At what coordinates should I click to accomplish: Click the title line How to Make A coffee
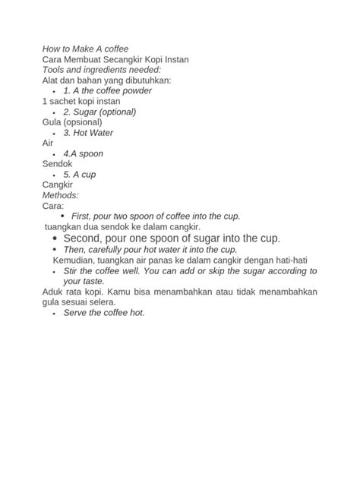tap(86, 49)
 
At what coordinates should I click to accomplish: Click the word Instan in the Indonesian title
tap(174, 59)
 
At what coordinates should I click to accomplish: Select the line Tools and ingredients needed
tap(102, 69)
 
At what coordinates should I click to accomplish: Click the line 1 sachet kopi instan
tap(81, 101)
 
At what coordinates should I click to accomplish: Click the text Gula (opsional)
tap(71, 122)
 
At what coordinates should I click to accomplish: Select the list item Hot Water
tap(88, 132)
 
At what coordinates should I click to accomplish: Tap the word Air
tap(48, 143)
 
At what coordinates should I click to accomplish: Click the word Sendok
tap(58, 163)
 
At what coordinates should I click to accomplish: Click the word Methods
tap(61, 194)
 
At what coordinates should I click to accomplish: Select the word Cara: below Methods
tap(53, 205)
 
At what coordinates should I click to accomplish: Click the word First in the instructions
tap(81, 216)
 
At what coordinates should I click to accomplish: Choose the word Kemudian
tap(79, 260)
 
